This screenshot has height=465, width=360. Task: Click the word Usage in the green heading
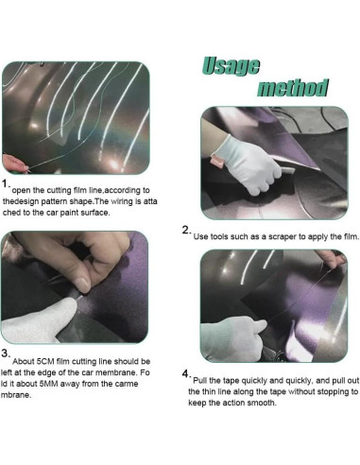pos(231,66)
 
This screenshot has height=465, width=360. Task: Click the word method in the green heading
pos(293,88)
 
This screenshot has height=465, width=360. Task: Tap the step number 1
pos(5,183)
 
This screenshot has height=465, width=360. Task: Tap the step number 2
pos(185,230)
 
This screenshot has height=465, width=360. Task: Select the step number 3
pos(5,353)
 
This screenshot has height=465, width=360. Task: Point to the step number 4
pos(185,373)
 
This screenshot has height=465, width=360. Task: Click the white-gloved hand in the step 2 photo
pos(252,164)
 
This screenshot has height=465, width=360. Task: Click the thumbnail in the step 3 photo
pos(82,284)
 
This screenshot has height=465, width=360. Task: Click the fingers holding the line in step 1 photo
pos(14,164)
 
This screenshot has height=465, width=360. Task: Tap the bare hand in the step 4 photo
pos(332,259)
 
